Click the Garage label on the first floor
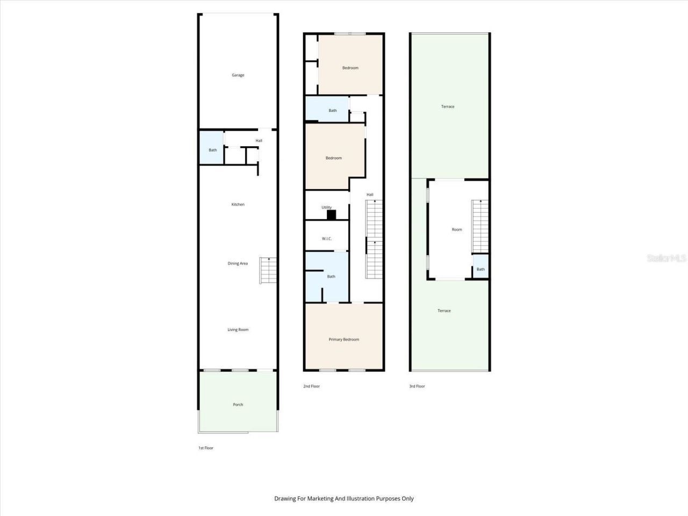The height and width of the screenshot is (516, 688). point(238,75)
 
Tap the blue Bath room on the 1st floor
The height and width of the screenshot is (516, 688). point(212,148)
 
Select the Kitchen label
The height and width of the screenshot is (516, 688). point(238,204)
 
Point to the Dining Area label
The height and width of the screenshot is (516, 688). point(238,263)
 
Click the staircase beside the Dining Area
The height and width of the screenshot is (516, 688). point(268,270)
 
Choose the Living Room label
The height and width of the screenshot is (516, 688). point(238,329)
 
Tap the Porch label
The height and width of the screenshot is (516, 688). point(238,404)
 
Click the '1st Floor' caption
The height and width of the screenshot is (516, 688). point(206,448)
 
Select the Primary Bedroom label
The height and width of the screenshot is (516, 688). point(343,339)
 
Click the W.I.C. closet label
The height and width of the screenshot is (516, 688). point(327,239)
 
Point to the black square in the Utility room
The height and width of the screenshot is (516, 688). point(332,215)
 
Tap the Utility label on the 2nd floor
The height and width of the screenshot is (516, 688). point(327,207)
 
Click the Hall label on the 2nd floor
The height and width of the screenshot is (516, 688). point(370,195)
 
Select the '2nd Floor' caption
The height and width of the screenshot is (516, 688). point(311,386)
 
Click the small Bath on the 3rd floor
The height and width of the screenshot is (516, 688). point(481,269)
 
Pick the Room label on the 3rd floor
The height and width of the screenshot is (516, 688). point(456,230)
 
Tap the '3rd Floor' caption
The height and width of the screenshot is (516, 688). point(417,386)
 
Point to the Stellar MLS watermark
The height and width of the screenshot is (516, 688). point(666,259)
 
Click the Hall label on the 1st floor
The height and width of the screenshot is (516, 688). point(259,141)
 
